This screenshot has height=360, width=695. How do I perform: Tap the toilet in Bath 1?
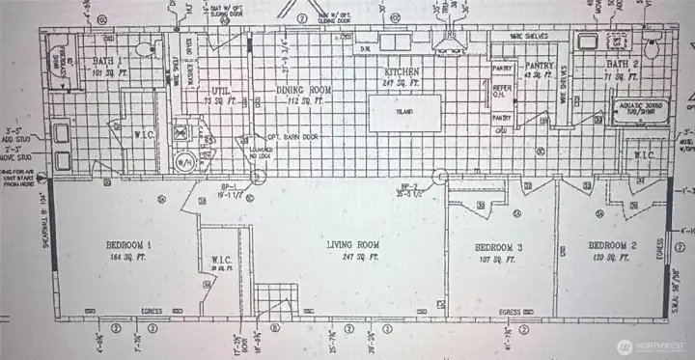coord(145,50)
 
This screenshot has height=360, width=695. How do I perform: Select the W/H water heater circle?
coord(182,161)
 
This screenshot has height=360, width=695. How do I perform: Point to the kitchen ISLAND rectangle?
coord(403,111)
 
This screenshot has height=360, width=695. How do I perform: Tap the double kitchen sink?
coord(393,43)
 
